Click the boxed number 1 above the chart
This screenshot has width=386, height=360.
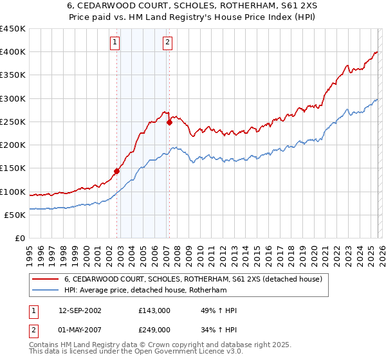[115, 43]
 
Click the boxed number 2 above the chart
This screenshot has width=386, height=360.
[167, 43]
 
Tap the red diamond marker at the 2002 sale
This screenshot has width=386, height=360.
[117, 171]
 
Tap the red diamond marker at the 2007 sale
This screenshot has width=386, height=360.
[169, 122]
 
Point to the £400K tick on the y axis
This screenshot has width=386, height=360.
[13, 52]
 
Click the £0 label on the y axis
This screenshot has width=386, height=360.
[19, 238]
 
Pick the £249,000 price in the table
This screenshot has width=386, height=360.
[154, 329]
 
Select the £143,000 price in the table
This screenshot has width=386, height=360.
[154, 310]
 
